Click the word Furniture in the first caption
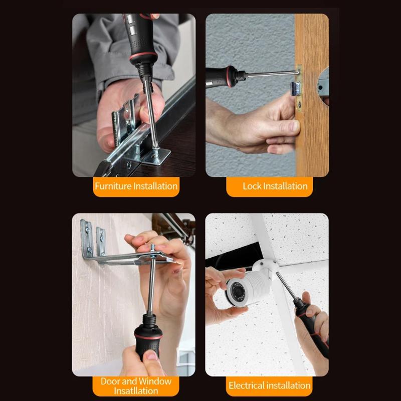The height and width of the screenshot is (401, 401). click(113, 186)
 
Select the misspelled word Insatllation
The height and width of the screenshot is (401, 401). click(136, 391)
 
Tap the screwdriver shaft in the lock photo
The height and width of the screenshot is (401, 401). click(271, 74)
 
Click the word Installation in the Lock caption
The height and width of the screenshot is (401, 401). click(285, 186)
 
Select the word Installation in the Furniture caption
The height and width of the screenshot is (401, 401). click(155, 186)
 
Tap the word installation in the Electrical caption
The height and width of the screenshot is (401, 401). click(290, 385)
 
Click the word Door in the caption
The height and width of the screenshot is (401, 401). click(110, 381)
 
